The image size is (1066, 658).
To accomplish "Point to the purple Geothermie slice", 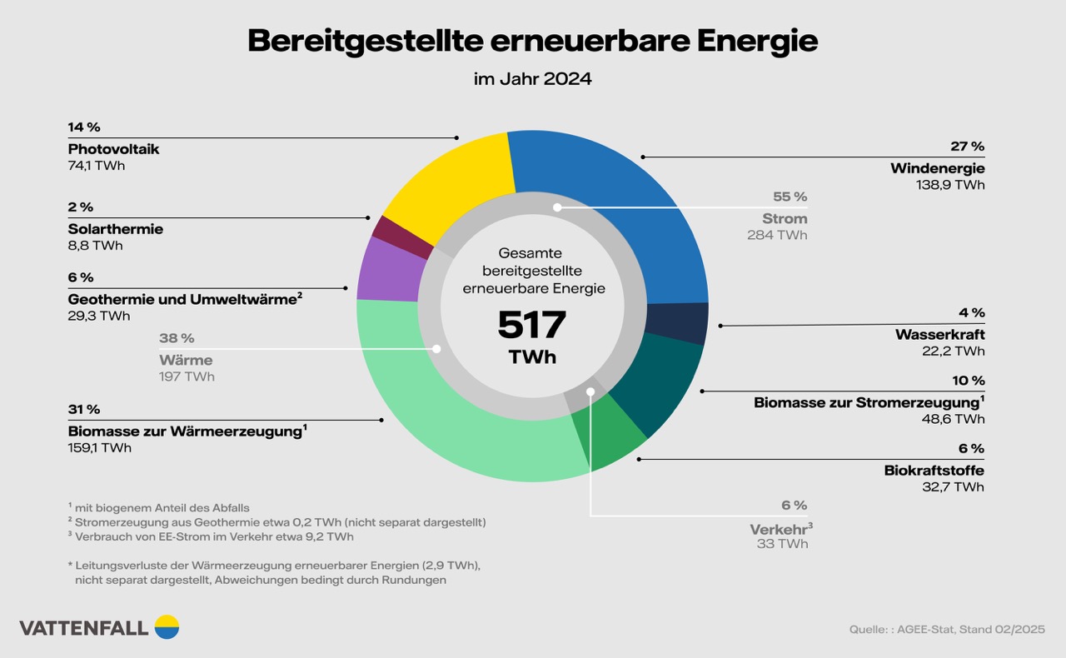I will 388,269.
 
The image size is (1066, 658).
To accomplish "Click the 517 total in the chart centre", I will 531,326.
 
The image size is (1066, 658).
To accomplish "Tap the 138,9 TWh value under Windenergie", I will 949,185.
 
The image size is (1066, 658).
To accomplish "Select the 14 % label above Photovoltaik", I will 84,127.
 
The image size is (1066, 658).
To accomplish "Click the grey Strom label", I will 785,218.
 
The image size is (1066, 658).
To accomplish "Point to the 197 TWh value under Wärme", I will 187,376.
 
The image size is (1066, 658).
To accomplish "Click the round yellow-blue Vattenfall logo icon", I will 167,626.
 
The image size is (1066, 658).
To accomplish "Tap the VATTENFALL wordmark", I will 84,628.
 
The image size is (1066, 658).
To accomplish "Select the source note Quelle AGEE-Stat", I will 947,629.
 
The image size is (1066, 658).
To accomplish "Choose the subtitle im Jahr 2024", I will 532,80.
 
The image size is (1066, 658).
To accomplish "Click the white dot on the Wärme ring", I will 436,350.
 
